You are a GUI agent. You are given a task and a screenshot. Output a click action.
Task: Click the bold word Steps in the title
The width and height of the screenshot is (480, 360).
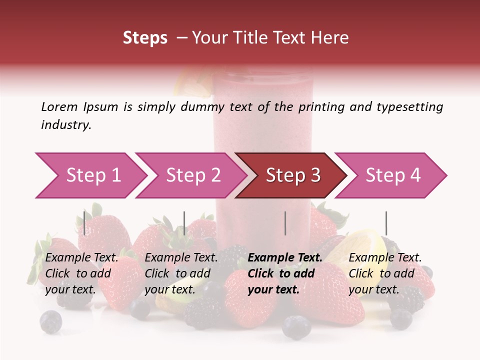tap(145, 38)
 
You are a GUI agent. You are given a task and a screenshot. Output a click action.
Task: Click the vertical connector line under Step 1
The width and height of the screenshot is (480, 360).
tap(84, 223)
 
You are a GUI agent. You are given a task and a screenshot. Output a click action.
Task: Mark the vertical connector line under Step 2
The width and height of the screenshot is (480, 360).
tap(184, 223)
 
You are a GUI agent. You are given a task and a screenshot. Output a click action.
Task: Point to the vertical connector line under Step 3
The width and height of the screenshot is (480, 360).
tap(285, 223)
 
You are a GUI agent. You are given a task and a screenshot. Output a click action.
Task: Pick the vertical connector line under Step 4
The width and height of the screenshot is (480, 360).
tap(386, 223)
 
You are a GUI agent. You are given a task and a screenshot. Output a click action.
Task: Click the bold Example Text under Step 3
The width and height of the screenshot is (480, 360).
tap(285, 258)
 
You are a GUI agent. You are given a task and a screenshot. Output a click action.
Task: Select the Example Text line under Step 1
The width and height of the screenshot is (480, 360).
tap(82, 258)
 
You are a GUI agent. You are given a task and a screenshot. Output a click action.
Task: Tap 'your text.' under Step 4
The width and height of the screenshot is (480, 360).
tap(373, 289)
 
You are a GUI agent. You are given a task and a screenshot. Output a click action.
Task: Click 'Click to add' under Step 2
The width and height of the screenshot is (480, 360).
tap(177, 273)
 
